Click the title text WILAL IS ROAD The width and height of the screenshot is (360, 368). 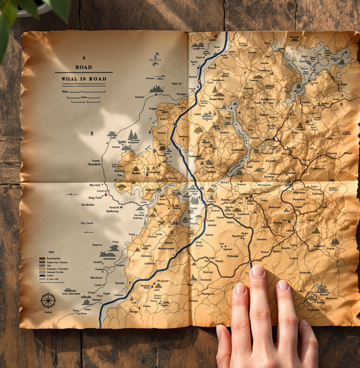(84, 79)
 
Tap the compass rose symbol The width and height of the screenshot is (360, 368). (48, 300)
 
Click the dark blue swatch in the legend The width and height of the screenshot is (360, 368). (42, 275)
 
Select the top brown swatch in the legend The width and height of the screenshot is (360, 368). (42, 258)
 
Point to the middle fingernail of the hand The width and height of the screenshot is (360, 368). (258, 271)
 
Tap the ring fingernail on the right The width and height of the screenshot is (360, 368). (283, 285)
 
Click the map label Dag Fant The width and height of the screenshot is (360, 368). (94, 198)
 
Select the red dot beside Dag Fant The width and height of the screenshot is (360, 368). (106, 195)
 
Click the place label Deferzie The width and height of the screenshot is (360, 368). (112, 211)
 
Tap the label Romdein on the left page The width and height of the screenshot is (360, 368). (94, 164)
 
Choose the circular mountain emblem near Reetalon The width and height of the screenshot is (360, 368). (311, 299)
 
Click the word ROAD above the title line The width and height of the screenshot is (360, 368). (83, 67)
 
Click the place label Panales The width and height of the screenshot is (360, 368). (262, 239)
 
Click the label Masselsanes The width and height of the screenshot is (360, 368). (166, 248)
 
